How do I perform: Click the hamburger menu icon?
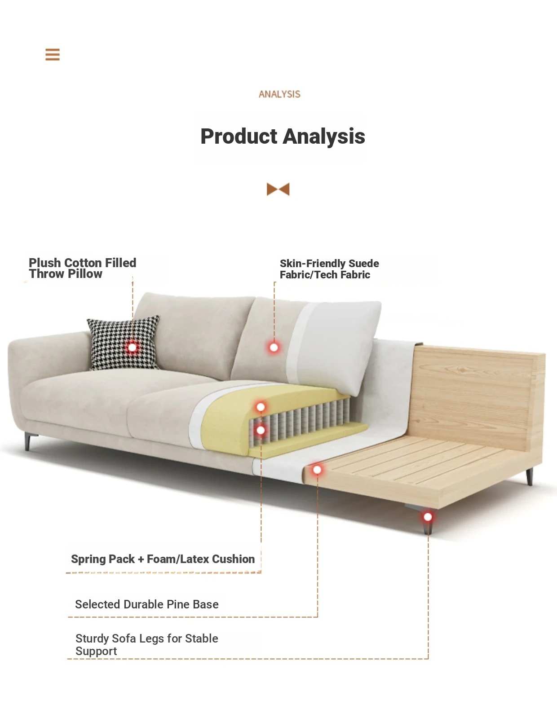point(53,54)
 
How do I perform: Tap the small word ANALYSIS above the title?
point(279,94)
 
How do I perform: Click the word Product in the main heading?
point(239,136)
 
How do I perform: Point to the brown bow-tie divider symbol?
point(278,189)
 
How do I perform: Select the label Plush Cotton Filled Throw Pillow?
point(82,268)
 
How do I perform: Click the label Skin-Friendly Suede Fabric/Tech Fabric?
point(329,269)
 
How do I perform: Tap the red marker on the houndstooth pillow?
point(132,348)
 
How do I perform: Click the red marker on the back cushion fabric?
point(274,348)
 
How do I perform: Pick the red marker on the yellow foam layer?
point(261,407)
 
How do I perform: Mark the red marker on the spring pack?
point(261,431)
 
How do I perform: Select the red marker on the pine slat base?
point(318,470)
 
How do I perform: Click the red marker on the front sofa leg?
point(428,517)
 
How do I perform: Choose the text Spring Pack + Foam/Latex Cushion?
point(163,559)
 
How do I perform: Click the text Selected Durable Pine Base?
point(147,604)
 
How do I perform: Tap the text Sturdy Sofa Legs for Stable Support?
point(146,645)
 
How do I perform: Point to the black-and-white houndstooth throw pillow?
point(124,343)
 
